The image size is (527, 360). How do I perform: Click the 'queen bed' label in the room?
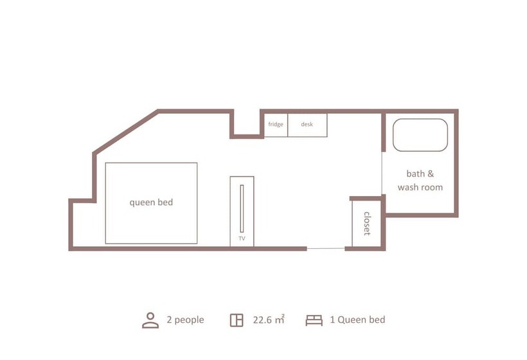point(151,203)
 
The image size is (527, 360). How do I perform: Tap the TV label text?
point(242,239)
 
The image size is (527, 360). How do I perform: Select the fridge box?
point(276,125)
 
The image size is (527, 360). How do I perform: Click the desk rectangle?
point(307,125)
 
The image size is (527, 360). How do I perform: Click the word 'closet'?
point(367,224)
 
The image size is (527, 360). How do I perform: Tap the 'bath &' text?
point(420,174)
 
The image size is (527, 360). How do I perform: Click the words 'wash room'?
point(420,187)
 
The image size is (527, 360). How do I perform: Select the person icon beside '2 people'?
point(150,320)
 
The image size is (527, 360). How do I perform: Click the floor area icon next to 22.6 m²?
point(237,320)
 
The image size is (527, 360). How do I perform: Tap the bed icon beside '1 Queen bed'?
point(314,320)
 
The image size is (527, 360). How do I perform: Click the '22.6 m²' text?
point(269,319)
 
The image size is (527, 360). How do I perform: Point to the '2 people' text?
point(185,319)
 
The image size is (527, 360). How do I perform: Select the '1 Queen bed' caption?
point(357,319)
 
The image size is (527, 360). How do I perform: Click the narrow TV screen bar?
point(242,208)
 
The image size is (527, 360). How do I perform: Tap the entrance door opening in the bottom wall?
point(326,249)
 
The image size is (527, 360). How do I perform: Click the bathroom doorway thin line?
point(382,173)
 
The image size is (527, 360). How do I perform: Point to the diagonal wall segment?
point(125,132)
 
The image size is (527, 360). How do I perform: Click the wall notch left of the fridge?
point(247,136)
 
